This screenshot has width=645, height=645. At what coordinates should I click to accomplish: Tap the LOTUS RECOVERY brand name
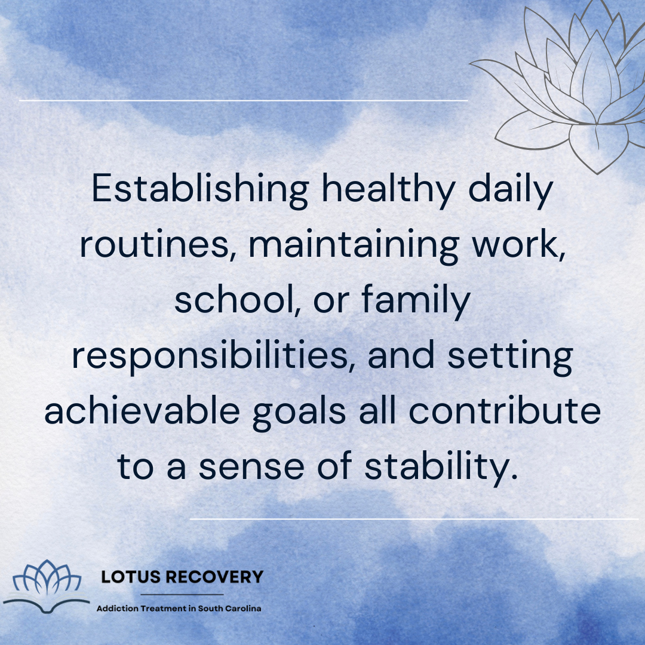click(182, 577)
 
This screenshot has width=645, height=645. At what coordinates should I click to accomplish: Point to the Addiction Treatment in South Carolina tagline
click(179, 608)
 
